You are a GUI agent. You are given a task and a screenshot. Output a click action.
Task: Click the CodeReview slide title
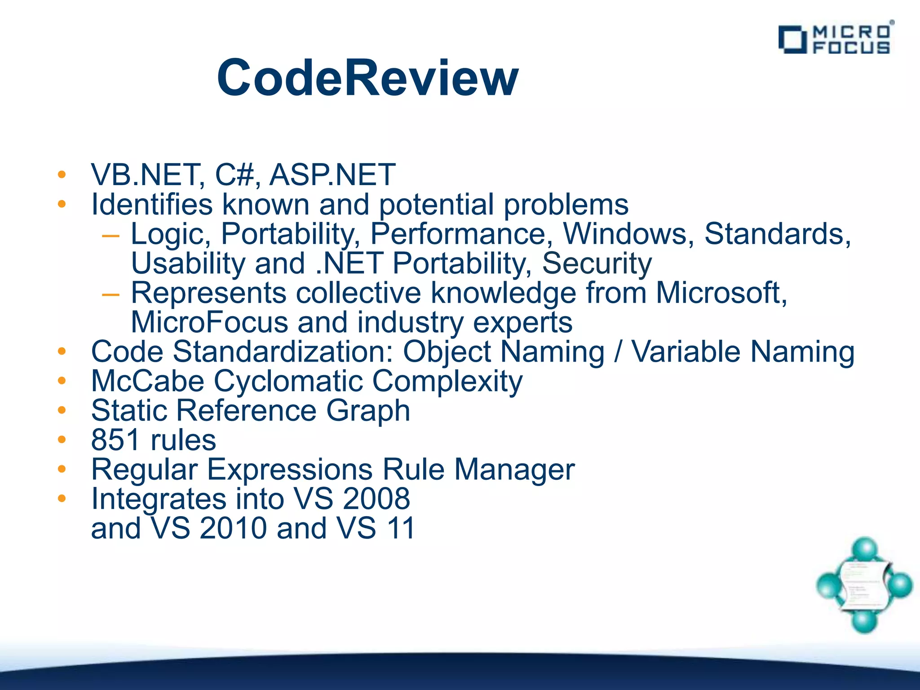tap(367, 78)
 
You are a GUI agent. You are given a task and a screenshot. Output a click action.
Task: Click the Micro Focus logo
tap(836, 40)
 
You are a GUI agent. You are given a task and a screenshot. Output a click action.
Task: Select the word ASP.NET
tap(332, 175)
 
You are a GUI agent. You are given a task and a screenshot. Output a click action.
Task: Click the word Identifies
tap(151, 204)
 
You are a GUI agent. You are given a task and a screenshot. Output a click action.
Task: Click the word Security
tap(597, 263)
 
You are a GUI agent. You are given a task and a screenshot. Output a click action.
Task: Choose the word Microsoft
tap(721, 293)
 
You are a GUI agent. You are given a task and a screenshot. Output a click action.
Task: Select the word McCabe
tap(147, 381)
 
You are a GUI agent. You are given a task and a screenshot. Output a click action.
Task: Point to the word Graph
tap(368, 411)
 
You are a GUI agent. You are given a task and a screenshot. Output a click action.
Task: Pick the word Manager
tap(514, 469)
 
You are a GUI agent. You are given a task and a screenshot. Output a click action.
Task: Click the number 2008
tap(376, 499)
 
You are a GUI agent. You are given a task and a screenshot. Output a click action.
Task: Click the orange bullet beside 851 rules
tap(62, 439)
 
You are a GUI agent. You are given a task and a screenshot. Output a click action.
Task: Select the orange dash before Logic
tap(111, 235)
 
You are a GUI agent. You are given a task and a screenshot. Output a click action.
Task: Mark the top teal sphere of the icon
tap(865, 548)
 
